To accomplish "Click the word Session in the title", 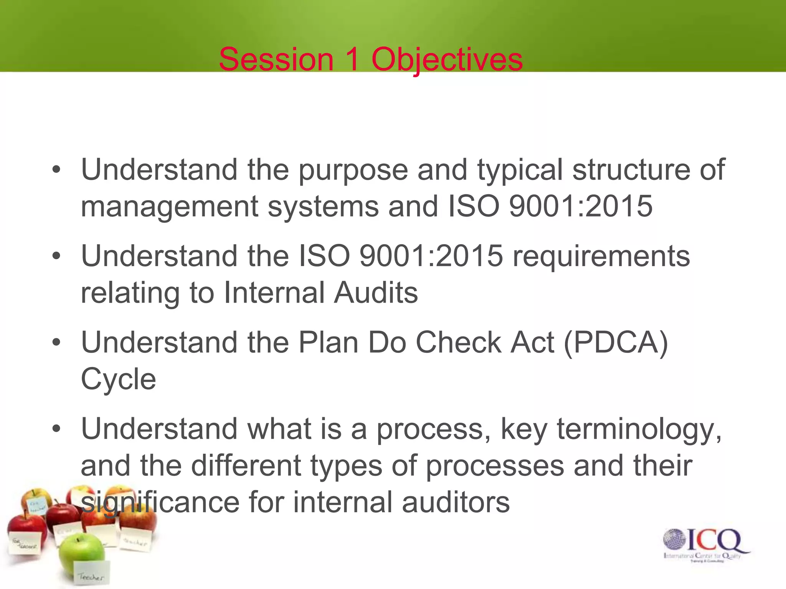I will click(x=276, y=59).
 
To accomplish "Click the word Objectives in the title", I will click(x=447, y=59).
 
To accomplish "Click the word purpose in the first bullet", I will click(x=353, y=170).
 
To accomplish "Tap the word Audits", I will click(x=376, y=293).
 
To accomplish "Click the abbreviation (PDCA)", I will click(x=616, y=342).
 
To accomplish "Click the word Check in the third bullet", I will click(x=458, y=342).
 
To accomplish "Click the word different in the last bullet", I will click(x=246, y=466).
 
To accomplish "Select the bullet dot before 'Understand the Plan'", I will click(x=56, y=342).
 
